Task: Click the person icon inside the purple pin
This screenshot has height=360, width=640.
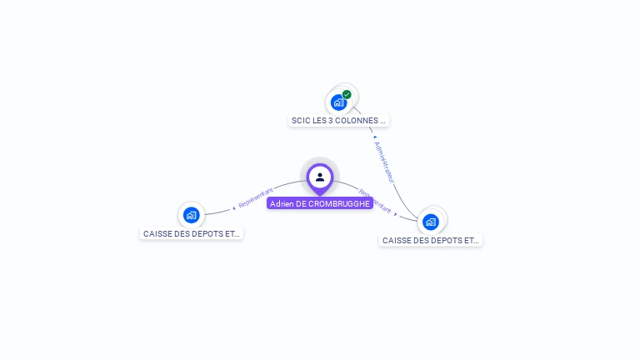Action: click(x=320, y=177)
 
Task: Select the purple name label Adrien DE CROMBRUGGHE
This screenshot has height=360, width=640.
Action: click(x=320, y=203)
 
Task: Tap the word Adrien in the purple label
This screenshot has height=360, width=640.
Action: click(x=281, y=203)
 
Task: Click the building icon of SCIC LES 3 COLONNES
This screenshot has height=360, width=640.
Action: click(x=338, y=102)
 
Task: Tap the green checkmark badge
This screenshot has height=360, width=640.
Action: click(x=347, y=94)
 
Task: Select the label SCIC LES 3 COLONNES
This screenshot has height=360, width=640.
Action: click(x=338, y=121)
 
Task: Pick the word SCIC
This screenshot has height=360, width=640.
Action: click(x=300, y=121)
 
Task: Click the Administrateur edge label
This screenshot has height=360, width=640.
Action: click(x=384, y=162)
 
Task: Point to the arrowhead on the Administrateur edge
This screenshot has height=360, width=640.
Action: click(x=375, y=137)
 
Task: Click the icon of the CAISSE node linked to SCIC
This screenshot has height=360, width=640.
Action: click(x=431, y=222)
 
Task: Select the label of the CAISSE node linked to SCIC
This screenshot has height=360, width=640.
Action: click(x=431, y=241)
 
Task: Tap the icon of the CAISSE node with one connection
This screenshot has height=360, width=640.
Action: click(x=191, y=215)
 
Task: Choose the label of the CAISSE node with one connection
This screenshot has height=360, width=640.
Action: click(x=192, y=234)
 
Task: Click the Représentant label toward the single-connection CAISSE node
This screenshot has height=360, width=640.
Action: click(x=256, y=197)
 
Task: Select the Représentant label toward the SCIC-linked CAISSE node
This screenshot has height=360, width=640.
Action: click(x=375, y=202)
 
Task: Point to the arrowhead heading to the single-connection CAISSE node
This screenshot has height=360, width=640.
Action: click(x=233, y=208)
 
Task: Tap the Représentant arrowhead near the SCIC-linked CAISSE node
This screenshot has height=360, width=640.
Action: click(x=396, y=213)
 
